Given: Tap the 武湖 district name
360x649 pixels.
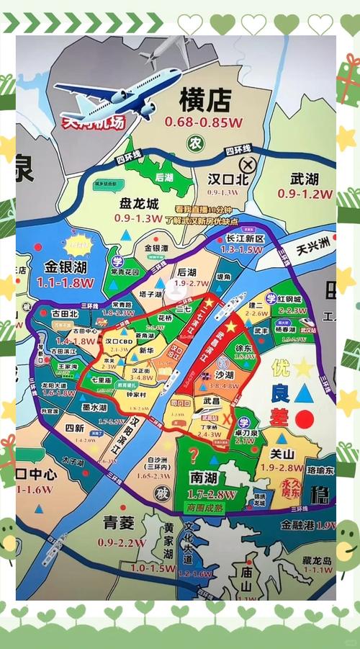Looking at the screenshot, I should tap(305, 179).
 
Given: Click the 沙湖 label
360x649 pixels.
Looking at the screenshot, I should tap(224, 376).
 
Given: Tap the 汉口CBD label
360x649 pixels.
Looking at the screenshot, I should tap(119, 341).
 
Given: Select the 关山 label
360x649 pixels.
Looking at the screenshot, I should tap(282, 454).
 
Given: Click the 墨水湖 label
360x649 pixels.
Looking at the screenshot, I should tap(94, 407).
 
